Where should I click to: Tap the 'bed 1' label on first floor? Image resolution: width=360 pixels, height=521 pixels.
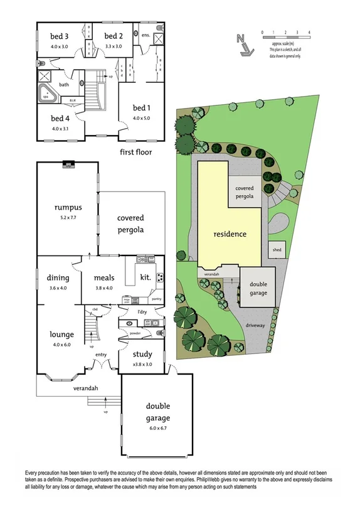(x=141, y=107)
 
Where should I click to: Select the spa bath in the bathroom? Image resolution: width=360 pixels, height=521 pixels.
(x=48, y=95)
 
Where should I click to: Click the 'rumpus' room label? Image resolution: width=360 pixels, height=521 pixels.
(x=68, y=208)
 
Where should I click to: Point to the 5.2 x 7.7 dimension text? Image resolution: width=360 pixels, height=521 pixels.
(x=68, y=218)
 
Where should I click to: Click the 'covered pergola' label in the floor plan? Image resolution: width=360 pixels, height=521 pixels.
(x=130, y=223)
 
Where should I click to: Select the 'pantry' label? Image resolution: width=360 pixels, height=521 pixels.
(x=157, y=299)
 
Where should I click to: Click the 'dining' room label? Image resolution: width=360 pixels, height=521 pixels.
(x=58, y=278)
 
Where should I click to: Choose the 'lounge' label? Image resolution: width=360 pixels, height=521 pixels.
(x=63, y=334)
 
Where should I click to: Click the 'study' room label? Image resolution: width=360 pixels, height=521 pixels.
(x=142, y=355)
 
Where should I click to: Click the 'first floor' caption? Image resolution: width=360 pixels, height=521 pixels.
(x=135, y=152)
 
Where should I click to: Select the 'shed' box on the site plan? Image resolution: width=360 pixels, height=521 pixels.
(x=277, y=249)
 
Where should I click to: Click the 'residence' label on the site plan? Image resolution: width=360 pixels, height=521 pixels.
(x=230, y=234)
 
